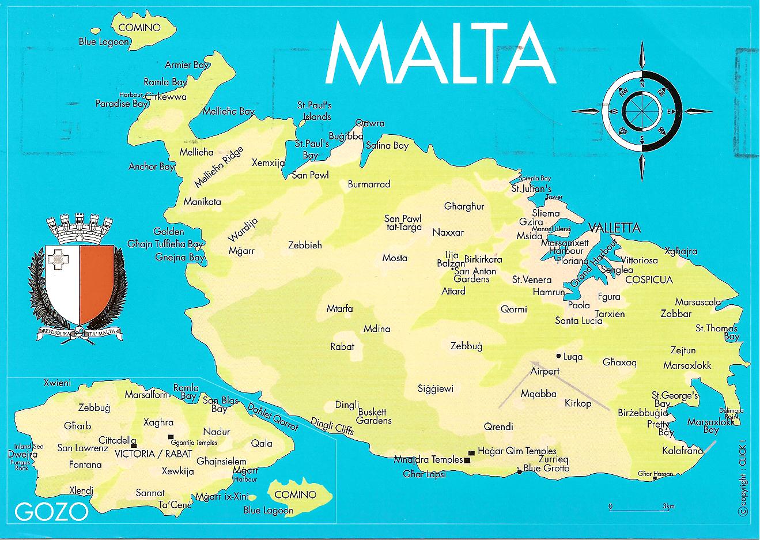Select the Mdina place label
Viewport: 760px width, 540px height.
click(377, 329)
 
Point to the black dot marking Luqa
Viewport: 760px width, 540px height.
click(558, 356)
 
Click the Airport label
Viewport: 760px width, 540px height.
click(545, 371)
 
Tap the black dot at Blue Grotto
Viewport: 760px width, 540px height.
click(519, 472)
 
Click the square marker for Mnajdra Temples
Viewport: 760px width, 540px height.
click(467, 460)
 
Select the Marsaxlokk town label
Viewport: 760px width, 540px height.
click(687, 365)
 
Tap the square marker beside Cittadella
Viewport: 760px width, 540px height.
click(134, 445)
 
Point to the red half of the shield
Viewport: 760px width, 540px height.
click(97, 282)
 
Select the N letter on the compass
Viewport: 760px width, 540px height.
click(642, 84)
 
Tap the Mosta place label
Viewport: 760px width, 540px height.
click(395, 258)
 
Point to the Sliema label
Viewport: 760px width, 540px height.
click(546, 213)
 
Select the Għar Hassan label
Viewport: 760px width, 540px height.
click(655, 474)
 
